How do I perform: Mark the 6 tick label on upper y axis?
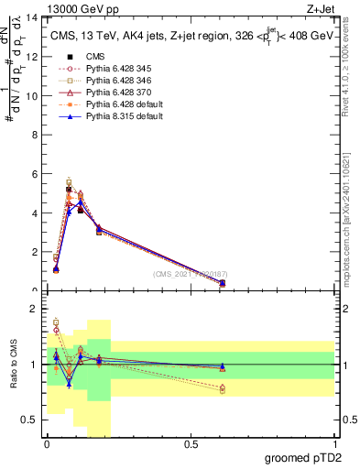coord(34,174)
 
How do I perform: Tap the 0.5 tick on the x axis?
coord(191,444)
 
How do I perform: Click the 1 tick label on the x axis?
coord(334,444)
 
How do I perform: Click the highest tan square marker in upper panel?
coord(69,183)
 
